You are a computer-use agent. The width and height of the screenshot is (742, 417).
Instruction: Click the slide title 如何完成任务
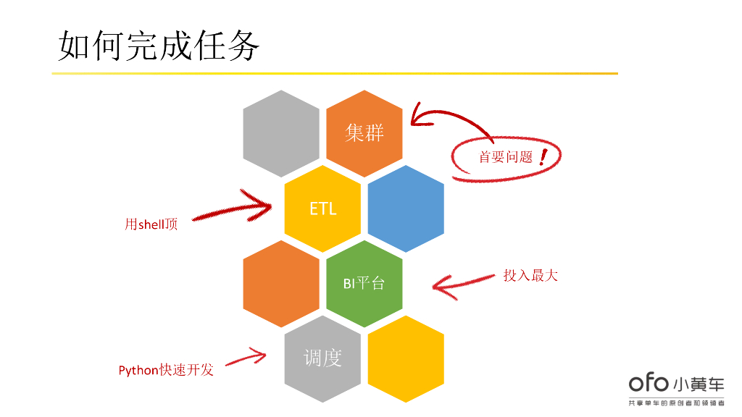tap(158, 46)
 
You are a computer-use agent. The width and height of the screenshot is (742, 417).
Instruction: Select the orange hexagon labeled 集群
tap(364, 133)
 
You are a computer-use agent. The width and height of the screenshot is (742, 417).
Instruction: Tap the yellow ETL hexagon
tap(322, 208)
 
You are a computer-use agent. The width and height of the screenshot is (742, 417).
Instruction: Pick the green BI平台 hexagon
tap(364, 283)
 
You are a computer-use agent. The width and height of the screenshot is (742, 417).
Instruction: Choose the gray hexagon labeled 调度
tap(322, 358)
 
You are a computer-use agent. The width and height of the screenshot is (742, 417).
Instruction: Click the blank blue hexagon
tap(406, 208)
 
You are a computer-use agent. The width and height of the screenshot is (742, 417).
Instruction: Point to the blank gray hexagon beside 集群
tap(281, 133)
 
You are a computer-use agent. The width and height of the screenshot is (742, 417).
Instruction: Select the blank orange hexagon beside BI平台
tap(281, 283)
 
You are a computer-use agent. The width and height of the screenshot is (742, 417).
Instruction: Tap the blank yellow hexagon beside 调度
tap(406, 358)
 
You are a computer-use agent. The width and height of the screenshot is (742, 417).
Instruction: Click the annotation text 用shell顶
tap(151, 224)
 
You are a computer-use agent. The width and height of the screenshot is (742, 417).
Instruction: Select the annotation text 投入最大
tap(530, 275)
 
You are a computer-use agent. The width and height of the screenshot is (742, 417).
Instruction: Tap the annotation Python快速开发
tap(166, 370)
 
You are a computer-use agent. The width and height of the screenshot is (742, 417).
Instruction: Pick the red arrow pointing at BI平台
tap(464, 285)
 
